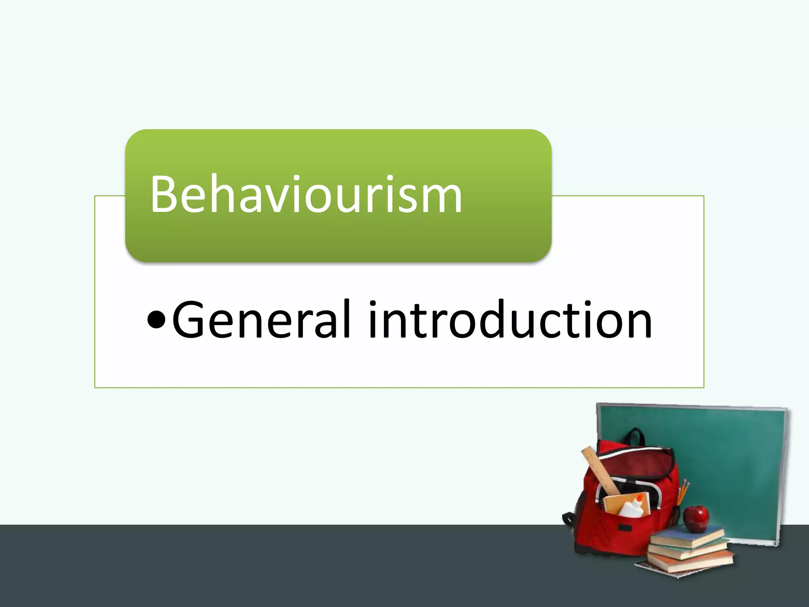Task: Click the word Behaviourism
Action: [306, 195]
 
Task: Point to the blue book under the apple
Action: [687, 537]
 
